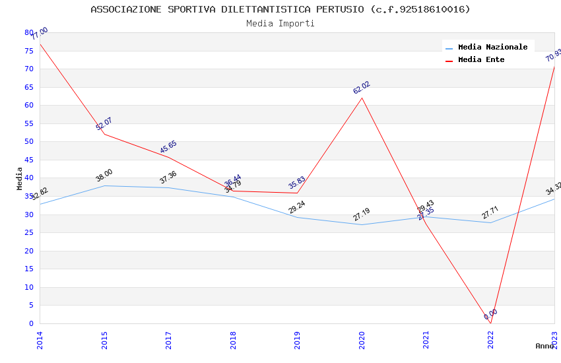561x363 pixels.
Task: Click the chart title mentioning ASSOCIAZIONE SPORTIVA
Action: click(x=280, y=9)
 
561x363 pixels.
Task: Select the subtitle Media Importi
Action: click(x=280, y=23)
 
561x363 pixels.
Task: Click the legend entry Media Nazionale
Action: click(x=492, y=48)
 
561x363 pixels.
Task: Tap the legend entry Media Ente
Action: click(x=480, y=60)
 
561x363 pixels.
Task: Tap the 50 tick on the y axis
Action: click(x=28, y=142)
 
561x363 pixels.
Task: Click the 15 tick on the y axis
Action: click(x=28, y=269)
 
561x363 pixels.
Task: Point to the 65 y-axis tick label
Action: click(x=28, y=87)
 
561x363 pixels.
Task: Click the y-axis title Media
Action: click(x=20, y=178)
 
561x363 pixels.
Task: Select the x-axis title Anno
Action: click(x=544, y=346)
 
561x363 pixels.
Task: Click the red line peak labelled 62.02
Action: click(x=362, y=98)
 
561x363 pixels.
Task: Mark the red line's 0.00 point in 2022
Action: click(x=490, y=323)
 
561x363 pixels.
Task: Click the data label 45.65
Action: click(x=168, y=147)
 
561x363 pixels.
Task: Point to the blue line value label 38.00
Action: click(x=104, y=176)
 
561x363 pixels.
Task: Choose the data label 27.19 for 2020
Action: click(x=362, y=214)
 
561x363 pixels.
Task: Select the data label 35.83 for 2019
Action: click(x=297, y=183)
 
